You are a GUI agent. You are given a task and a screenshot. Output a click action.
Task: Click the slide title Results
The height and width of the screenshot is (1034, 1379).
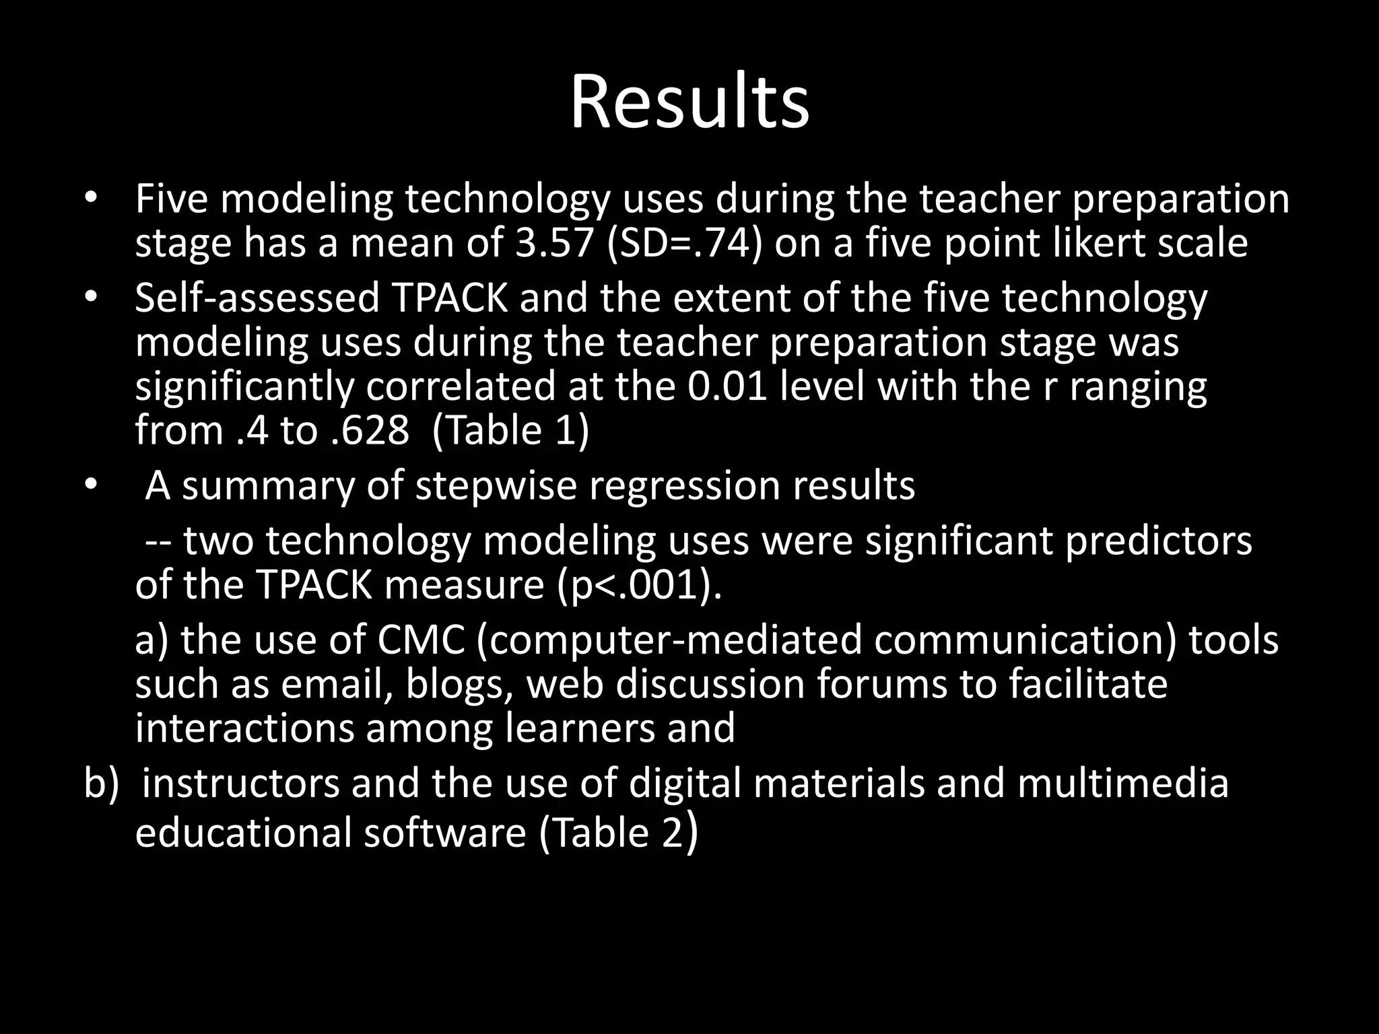tap(689, 103)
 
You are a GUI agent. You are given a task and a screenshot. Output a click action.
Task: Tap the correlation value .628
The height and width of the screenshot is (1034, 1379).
tap(370, 431)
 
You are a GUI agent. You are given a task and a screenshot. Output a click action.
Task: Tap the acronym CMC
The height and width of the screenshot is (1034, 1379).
tap(421, 640)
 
